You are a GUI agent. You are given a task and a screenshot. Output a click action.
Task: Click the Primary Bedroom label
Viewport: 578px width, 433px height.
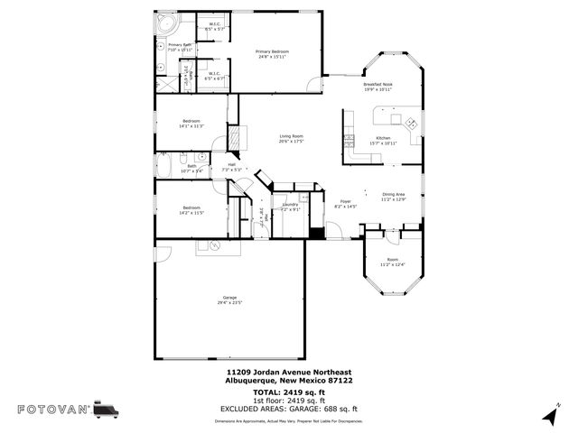[x=272, y=51]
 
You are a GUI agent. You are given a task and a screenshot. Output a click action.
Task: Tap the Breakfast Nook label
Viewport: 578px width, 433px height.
[x=378, y=84]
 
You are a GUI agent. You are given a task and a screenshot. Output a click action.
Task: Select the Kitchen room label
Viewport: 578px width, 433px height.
[x=383, y=138]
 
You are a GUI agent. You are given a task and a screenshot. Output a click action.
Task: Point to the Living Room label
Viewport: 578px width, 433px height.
[x=291, y=136]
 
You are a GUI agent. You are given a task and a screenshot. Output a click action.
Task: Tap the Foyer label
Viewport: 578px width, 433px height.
[x=345, y=201]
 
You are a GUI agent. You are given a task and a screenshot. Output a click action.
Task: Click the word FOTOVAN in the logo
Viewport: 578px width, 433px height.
[x=53, y=410]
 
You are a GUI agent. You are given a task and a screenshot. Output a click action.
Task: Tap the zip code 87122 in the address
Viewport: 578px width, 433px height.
[x=339, y=381]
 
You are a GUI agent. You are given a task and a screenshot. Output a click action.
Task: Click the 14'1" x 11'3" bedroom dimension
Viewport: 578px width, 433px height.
[x=191, y=126]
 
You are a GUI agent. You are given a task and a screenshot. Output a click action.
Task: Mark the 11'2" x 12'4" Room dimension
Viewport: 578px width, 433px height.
[x=393, y=264]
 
